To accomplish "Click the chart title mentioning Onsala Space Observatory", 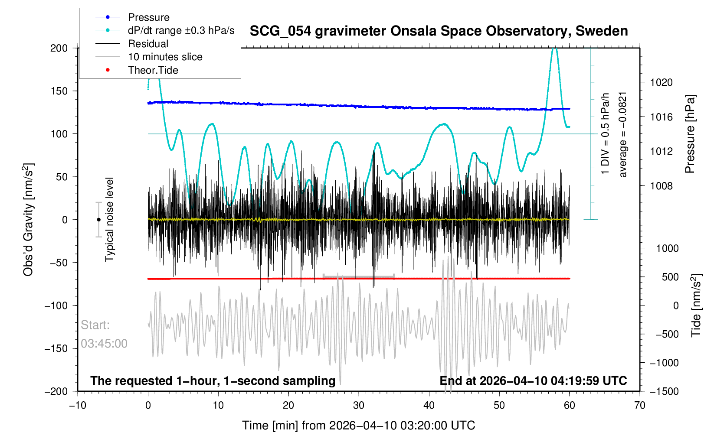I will [x=439, y=31].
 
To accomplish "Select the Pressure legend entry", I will [x=148, y=17].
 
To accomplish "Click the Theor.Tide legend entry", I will [x=153, y=70].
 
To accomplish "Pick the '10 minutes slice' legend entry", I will [x=165, y=57].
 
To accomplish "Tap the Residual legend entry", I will [x=148, y=44].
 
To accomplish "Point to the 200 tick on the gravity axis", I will [x=59, y=48].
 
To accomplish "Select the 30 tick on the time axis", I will [x=359, y=405].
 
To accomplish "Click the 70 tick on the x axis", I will [x=640, y=405].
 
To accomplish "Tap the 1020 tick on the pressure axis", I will [x=661, y=82].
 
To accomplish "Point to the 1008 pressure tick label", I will [x=661, y=186].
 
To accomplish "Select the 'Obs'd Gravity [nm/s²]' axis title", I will [x=28, y=220].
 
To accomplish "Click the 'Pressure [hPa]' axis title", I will [x=690, y=134].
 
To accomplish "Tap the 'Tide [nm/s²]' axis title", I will [x=696, y=305].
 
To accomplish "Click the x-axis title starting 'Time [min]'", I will [x=359, y=426].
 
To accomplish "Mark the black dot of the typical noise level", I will [x=98, y=220].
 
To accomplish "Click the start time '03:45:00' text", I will [x=104, y=344].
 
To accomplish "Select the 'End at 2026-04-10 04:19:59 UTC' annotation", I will [x=533, y=381].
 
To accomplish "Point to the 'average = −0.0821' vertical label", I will [x=623, y=134].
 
